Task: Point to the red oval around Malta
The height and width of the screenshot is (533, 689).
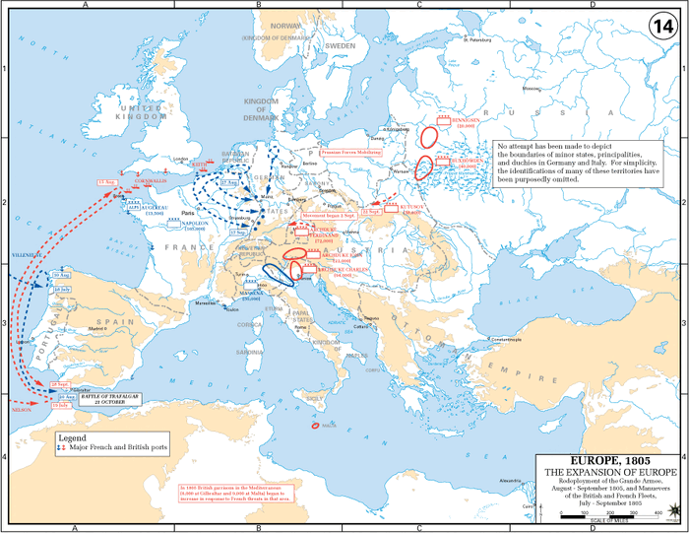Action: (x=314, y=426)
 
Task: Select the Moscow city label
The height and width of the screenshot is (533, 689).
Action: (x=532, y=88)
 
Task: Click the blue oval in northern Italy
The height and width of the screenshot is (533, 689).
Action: (x=278, y=275)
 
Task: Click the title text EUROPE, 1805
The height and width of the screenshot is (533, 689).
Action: (x=609, y=460)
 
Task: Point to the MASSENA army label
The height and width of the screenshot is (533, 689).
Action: (x=254, y=294)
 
